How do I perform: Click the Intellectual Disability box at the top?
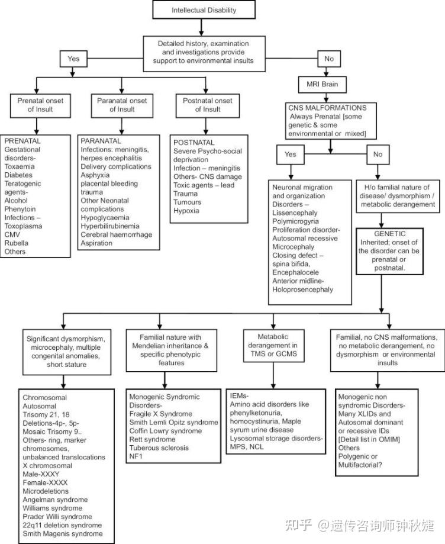[x=204, y=9]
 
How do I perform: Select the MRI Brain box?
[x=323, y=84]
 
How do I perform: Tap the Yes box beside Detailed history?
[x=73, y=59]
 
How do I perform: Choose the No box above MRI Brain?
[x=329, y=59]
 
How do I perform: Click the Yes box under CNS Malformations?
[x=291, y=154]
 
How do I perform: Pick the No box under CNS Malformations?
[x=378, y=154]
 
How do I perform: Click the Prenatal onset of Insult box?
[x=40, y=105]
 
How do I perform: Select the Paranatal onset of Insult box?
[x=122, y=105]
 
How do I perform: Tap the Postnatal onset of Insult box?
[x=208, y=105]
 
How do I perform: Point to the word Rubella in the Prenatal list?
[x=17, y=243]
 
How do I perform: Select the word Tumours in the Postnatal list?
[x=188, y=202]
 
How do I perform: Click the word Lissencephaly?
[x=295, y=213]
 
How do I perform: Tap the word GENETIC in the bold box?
[x=390, y=234]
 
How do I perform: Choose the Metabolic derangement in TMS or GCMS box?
[x=273, y=346]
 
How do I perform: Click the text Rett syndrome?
[x=152, y=439]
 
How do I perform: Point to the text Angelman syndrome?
[x=55, y=500]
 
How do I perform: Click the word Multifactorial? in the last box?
[x=360, y=465]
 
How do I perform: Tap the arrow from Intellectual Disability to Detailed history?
[x=201, y=27]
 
